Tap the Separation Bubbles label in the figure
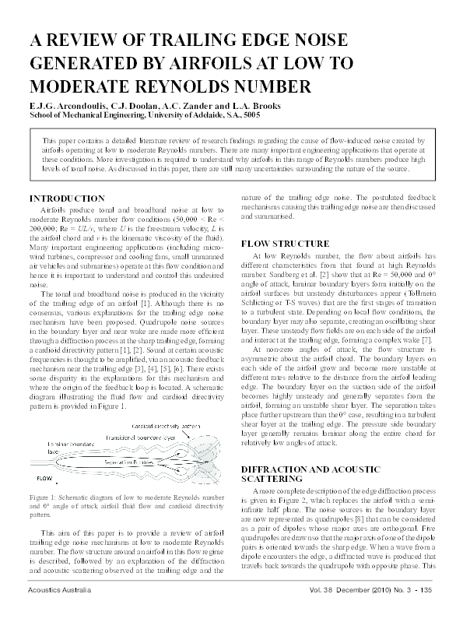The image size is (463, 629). (129, 462)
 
